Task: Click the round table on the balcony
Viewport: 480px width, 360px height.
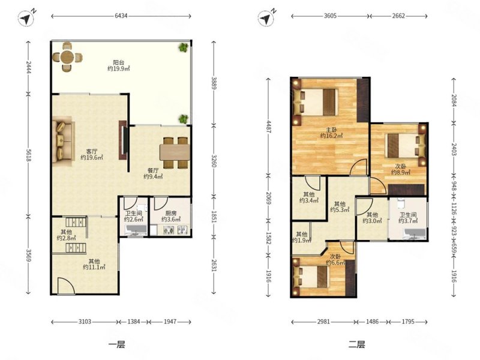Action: point(67,57)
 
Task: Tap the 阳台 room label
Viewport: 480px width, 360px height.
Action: point(118,62)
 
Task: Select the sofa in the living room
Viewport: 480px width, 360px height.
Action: point(64,141)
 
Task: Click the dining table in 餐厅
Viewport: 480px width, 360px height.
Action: point(175,152)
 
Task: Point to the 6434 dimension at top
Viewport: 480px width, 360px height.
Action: point(121,16)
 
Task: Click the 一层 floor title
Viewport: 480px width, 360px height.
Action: point(116,344)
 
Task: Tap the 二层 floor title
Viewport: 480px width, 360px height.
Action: point(356,344)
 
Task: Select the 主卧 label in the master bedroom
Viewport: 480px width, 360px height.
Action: point(331,130)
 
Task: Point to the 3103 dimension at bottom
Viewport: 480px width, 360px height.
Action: point(85,322)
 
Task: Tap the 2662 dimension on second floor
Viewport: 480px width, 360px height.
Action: point(398,16)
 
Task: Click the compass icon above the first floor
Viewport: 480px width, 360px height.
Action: point(26,19)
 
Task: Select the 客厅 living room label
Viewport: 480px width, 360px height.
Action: point(92,151)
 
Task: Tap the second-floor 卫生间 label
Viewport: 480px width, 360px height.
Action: point(408,215)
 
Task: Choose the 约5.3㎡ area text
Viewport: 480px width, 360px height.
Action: point(340,210)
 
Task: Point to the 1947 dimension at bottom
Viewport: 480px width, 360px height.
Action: point(170,322)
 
